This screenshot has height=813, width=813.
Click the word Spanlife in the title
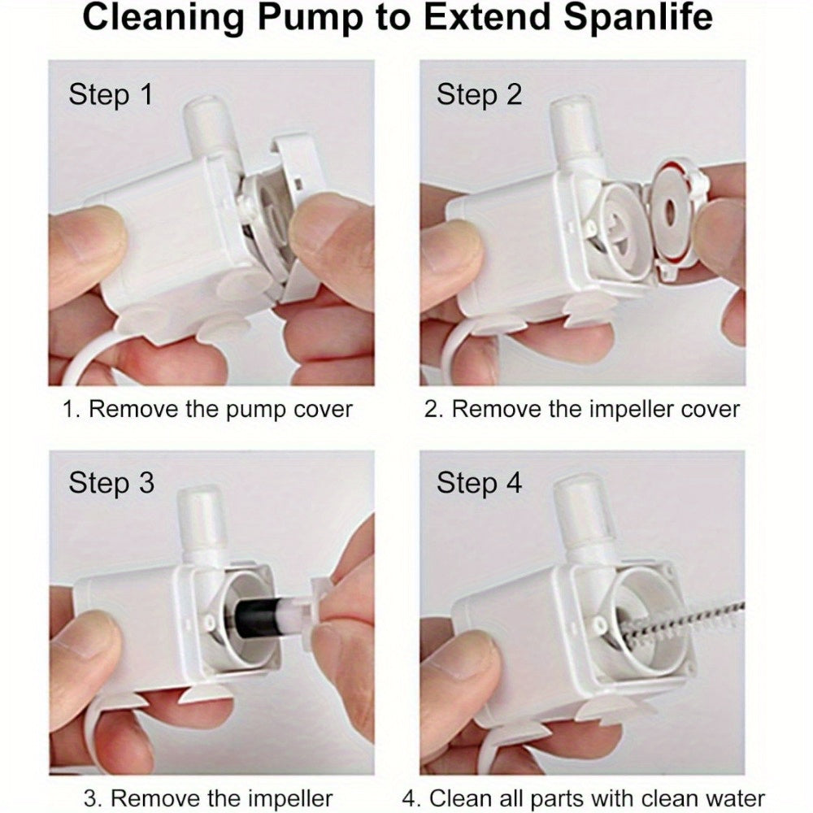(x=637, y=18)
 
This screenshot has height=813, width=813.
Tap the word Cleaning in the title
(x=163, y=19)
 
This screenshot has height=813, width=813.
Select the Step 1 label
(x=111, y=95)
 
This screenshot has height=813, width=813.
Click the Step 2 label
(x=479, y=95)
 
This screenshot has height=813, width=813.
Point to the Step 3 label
(x=111, y=483)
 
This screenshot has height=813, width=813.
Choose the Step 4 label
(x=479, y=483)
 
